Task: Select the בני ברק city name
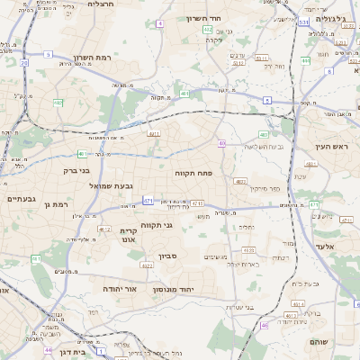(77, 169)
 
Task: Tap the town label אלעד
(325, 247)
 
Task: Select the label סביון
(168, 256)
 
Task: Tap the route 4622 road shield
(147, 265)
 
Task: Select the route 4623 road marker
(240, 181)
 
